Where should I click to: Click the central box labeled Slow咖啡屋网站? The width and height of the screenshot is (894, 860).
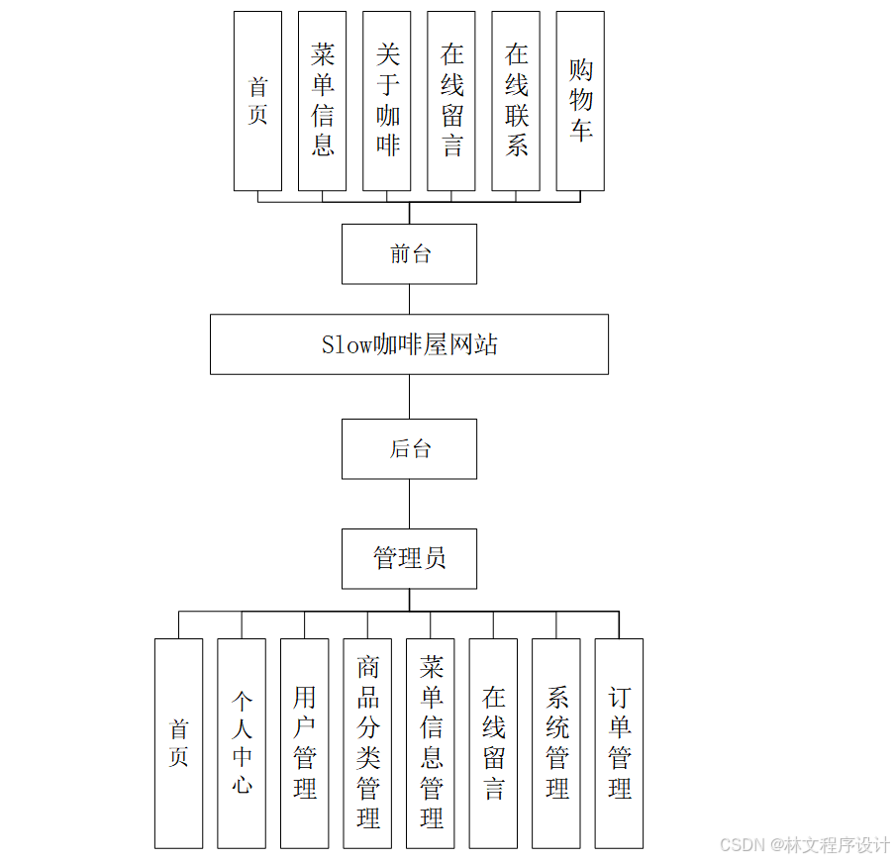point(409,344)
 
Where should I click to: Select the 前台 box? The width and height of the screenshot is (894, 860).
point(409,254)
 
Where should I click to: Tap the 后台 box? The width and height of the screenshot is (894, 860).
point(409,448)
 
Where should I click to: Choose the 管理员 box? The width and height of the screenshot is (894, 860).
point(409,558)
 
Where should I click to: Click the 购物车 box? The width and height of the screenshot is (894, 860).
point(580,101)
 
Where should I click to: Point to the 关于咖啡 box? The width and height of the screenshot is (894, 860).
point(387,101)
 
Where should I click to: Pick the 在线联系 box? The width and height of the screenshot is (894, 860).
point(516,101)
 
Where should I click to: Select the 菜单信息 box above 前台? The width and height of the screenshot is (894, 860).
point(322,101)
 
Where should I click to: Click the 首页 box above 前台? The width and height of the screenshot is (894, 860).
point(257,101)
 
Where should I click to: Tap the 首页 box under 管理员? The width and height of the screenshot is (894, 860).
point(178,743)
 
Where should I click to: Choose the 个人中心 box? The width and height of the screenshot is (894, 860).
point(242,743)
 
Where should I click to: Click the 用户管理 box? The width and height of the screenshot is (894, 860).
point(304,743)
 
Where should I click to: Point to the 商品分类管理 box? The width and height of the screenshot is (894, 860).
point(367,743)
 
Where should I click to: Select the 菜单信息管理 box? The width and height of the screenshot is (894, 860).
point(431,743)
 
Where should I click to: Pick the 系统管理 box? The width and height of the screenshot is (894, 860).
point(556,743)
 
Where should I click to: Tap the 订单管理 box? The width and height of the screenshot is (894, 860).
point(619,743)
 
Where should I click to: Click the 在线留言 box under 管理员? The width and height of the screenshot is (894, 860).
point(493,743)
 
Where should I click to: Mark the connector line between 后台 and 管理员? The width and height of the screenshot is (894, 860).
point(409,504)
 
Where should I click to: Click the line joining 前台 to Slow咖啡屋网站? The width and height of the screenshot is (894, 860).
point(409,299)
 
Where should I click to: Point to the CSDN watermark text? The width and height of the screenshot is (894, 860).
point(805,845)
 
